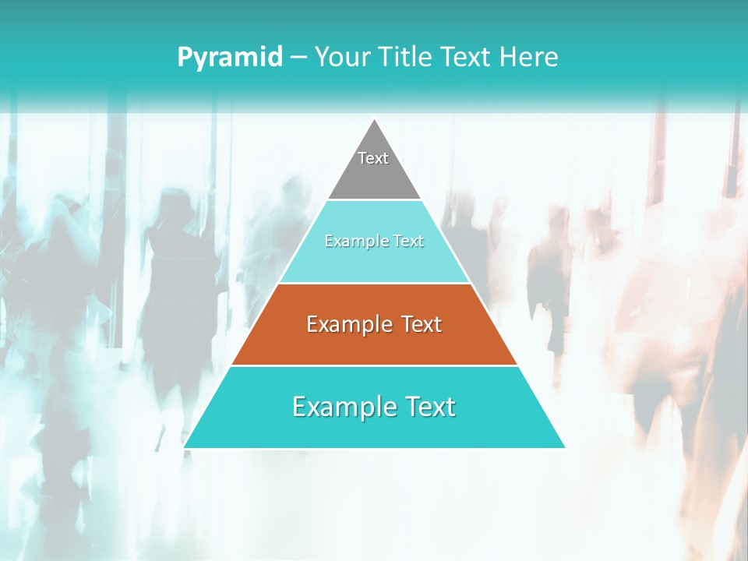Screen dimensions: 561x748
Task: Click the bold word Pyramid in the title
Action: click(229, 58)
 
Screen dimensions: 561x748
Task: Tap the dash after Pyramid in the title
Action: click(298, 58)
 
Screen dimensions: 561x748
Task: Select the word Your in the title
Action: click(339, 58)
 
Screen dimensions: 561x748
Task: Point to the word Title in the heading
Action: click(406, 58)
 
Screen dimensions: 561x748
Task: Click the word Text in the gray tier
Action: click(373, 158)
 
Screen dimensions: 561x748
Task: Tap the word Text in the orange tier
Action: click(421, 324)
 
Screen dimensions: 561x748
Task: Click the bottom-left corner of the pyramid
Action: click(185, 447)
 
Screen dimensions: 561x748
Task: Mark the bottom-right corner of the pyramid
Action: click(564, 447)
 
